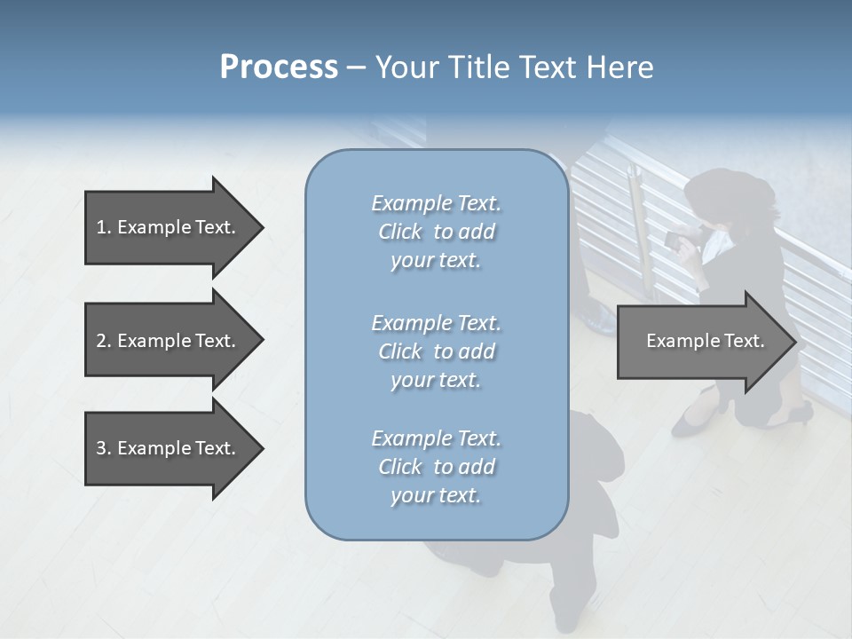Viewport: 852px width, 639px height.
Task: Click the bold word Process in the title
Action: pos(279,67)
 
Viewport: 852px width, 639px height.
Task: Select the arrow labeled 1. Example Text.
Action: pos(169,227)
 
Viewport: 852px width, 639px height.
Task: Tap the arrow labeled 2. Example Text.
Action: pos(169,341)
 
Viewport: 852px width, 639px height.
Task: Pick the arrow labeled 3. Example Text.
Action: pos(169,448)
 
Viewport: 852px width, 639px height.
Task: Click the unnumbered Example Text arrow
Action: pos(701,342)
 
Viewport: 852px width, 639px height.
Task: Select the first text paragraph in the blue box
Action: pos(436,232)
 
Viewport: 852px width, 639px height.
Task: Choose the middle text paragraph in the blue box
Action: pos(436,351)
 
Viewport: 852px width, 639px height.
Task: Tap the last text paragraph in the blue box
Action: pos(436,467)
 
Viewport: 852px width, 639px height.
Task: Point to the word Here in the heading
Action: pos(620,67)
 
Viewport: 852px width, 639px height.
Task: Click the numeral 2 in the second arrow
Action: pos(101,341)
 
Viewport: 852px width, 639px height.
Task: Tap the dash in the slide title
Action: pos(356,67)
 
